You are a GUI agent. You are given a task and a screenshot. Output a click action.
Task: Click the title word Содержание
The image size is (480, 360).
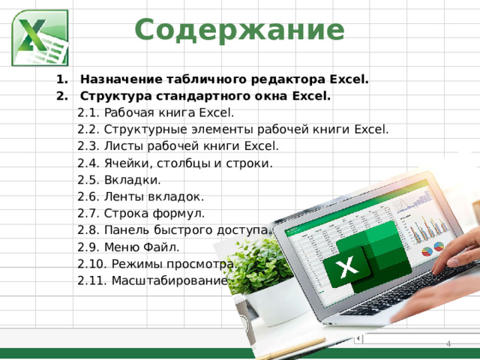[x=239, y=30]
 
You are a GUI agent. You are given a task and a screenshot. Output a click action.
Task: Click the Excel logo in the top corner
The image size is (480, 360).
[x=40, y=38]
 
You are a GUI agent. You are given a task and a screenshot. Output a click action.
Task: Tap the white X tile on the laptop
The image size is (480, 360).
[x=346, y=267]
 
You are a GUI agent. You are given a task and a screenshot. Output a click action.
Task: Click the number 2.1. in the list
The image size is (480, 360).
[x=89, y=113]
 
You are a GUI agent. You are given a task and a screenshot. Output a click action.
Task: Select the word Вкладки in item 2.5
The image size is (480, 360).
[x=131, y=179]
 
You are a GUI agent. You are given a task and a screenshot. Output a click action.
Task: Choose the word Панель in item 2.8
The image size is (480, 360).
[x=125, y=229]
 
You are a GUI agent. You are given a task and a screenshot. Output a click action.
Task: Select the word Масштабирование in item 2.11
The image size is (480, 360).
[x=168, y=280]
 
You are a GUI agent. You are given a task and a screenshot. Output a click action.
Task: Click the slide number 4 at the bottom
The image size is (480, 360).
[x=448, y=343]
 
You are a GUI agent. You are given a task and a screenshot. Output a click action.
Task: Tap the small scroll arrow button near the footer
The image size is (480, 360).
[x=358, y=339]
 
